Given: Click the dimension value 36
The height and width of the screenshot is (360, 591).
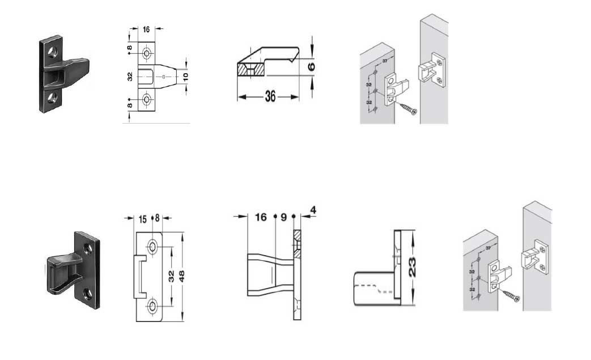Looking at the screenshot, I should [x=270, y=97].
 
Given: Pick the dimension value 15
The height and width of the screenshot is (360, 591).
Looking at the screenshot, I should [x=143, y=218].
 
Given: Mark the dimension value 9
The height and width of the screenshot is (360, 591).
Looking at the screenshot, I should [x=284, y=217].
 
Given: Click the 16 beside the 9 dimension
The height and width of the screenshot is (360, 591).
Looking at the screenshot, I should [x=261, y=217].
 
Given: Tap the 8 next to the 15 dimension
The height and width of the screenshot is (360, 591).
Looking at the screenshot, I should [x=158, y=218].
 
